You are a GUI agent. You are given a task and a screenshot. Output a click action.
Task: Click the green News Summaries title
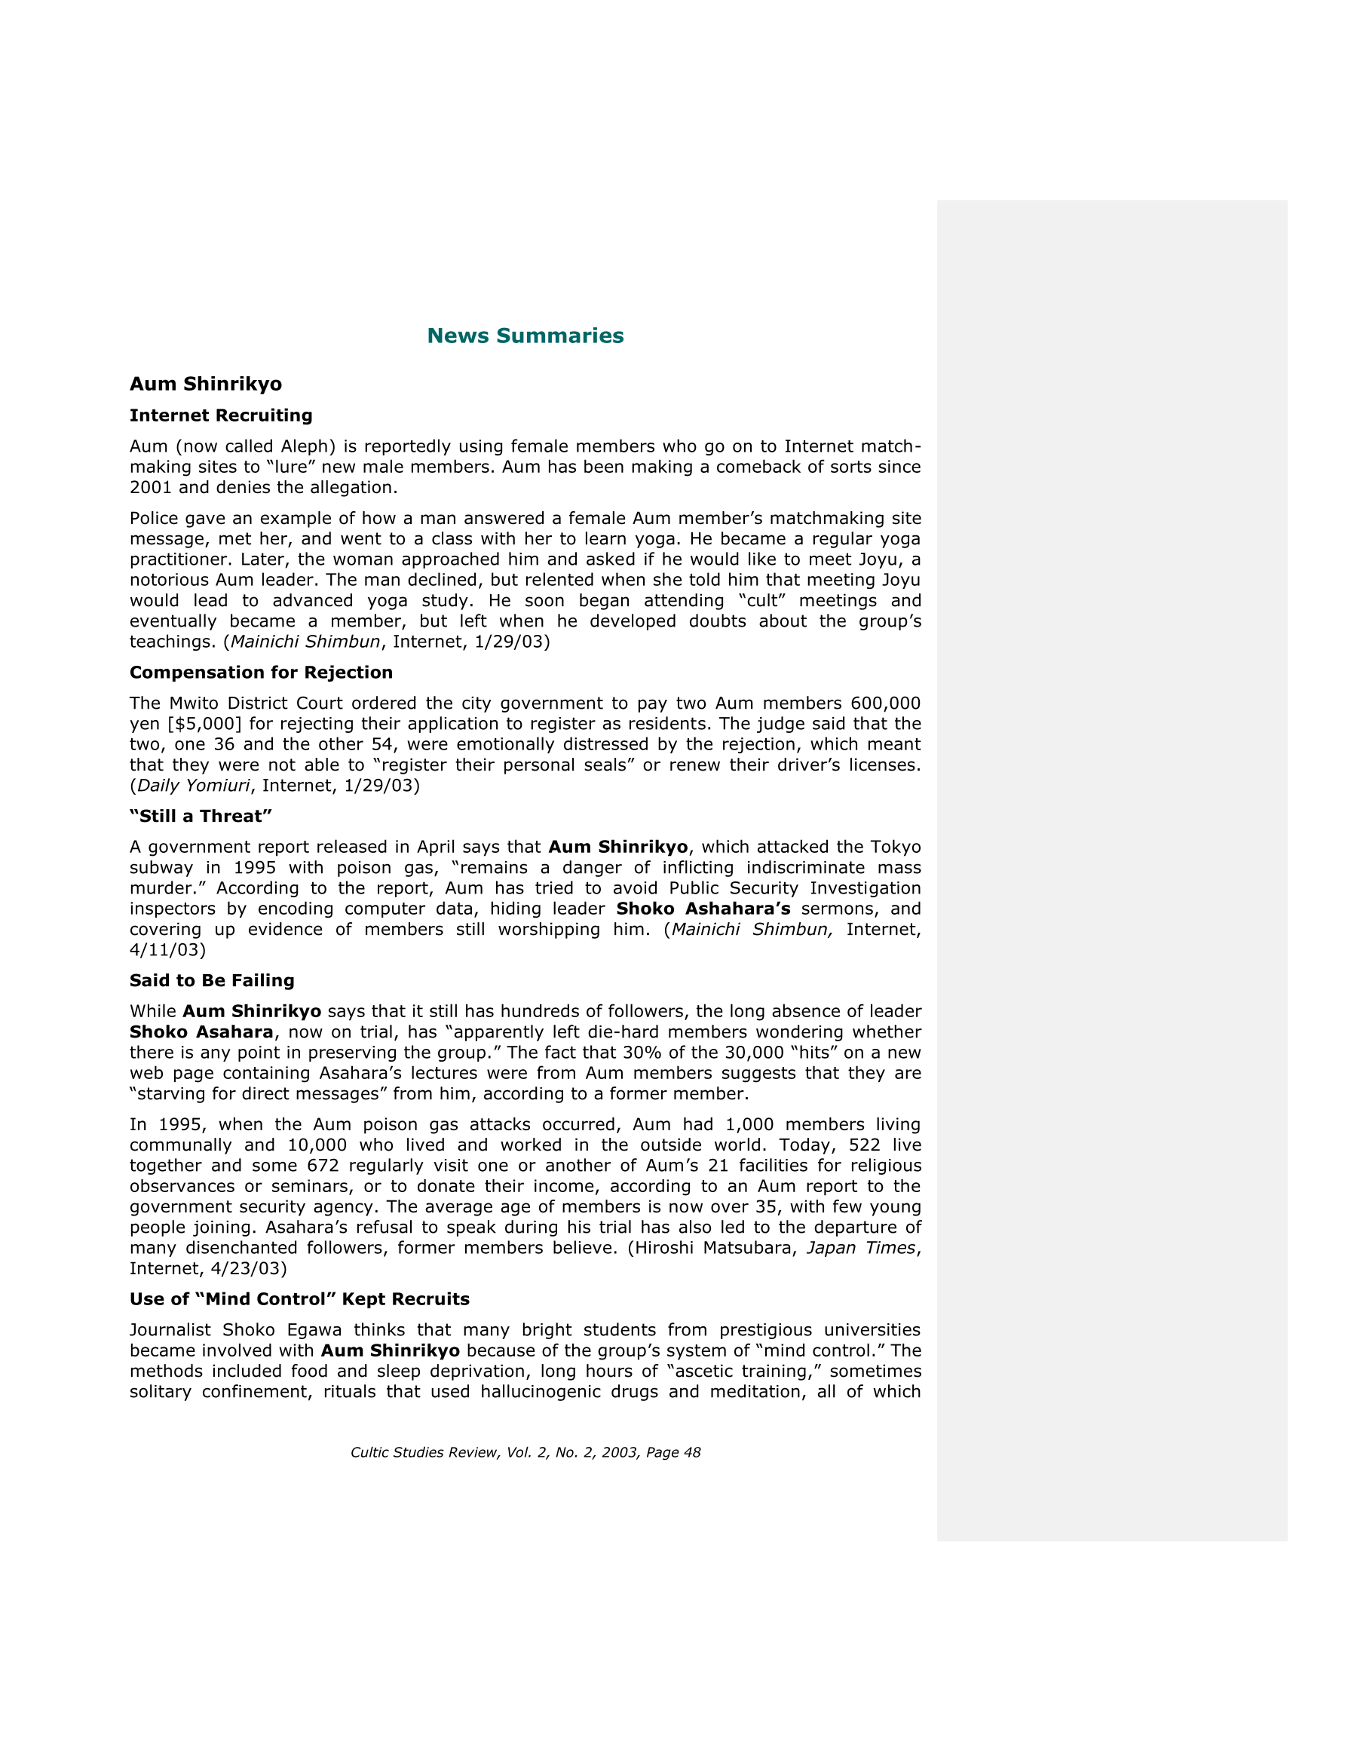[x=525, y=336]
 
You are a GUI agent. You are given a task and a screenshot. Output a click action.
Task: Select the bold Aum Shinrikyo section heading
[x=206, y=385]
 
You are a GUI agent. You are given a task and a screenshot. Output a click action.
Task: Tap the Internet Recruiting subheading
[x=221, y=415]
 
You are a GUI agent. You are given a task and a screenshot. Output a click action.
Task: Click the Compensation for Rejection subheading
[x=261, y=672]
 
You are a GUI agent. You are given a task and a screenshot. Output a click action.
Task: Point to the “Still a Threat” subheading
[x=201, y=817]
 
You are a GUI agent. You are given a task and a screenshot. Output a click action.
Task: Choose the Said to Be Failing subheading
[x=212, y=980]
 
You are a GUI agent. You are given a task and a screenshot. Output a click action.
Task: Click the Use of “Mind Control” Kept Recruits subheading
[x=299, y=1298]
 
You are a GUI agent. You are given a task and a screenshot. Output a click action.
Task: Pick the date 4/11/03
[x=167, y=949]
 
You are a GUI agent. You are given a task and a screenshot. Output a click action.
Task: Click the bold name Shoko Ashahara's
[x=703, y=909]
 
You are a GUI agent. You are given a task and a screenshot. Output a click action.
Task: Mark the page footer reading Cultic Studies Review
[x=525, y=1452]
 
